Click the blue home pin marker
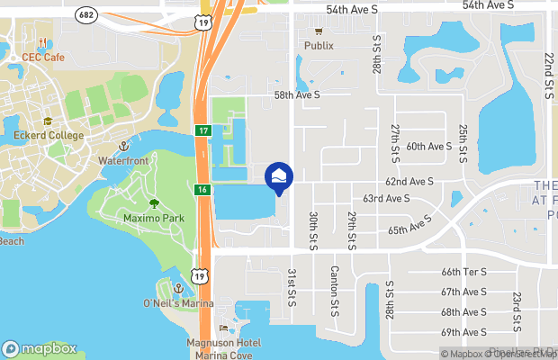(279, 175)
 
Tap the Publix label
(318, 45)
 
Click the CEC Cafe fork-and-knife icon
(41, 42)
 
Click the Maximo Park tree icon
(154, 203)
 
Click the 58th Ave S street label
(297, 94)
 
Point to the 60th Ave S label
(428, 146)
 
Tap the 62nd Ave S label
(409, 181)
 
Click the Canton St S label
(334, 284)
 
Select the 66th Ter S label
(463, 272)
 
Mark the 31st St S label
(292, 286)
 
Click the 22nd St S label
(548, 75)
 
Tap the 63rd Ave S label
(386, 198)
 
